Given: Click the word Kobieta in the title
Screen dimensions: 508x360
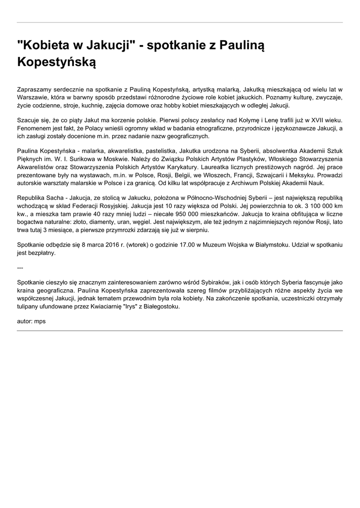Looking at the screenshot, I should [x=47, y=47].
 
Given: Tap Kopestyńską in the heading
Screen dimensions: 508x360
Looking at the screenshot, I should [x=56, y=63].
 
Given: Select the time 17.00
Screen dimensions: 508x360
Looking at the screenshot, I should [x=186, y=245].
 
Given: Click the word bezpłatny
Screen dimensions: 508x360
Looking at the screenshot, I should [x=41, y=253].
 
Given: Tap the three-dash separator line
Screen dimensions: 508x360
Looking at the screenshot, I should [x=20, y=268].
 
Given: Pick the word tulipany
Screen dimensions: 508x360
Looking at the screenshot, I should [x=29, y=307].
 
